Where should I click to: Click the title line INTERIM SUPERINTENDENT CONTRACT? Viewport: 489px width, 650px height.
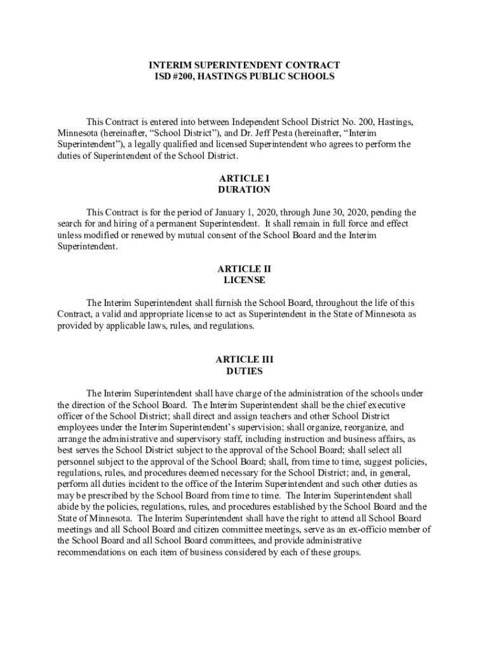pos(245,65)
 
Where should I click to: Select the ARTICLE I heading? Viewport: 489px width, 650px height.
pos(245,178)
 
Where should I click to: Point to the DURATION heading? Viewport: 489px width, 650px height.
pos(245,190)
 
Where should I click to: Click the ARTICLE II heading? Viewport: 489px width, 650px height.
pos(245,269)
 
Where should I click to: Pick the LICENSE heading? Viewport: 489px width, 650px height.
pos(245,280)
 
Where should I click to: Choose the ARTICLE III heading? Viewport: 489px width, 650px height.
pos(245,359)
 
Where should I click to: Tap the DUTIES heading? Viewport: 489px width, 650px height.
pos(245,371)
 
